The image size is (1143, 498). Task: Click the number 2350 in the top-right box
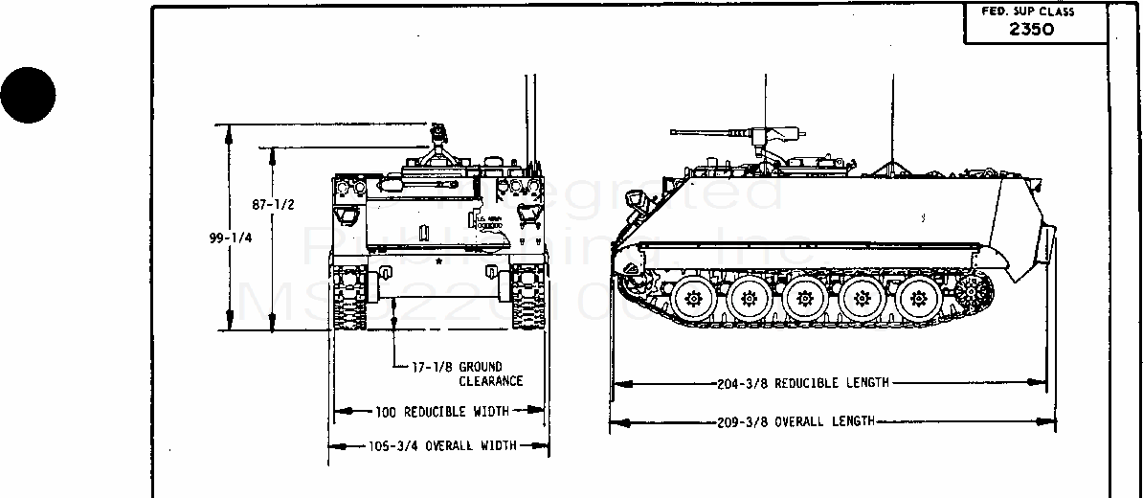click(x=1031, y=29)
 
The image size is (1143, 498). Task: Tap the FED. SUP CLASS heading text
click(x=1028, y=11)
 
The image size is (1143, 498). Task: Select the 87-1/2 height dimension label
click(x=273, y=205)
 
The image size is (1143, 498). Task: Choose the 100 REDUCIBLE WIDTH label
click(x=440, y=412)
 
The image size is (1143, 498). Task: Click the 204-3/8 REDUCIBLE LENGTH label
click(x=802, y=383)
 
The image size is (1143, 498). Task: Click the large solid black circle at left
click(x=28, y=94)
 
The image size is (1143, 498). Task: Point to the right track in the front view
click(x=527, y=298)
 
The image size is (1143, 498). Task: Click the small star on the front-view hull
click(x=438, y=260)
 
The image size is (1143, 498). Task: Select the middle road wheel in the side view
click(x=802, y=299)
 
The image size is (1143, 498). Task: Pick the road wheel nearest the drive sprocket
click(x=916, y=298)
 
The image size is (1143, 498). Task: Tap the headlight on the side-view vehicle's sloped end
click(x=633, y=197)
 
